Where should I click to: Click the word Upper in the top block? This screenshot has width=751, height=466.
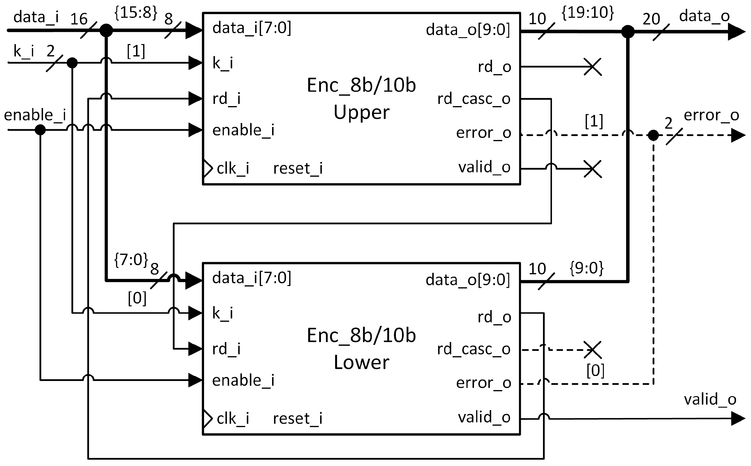pos(361,113)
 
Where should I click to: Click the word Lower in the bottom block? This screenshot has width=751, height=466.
pos(361,362)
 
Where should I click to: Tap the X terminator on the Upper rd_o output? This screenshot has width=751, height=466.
pos(592,67)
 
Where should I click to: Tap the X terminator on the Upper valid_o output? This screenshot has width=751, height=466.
pos(592,169)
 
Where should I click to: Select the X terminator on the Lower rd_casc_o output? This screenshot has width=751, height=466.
pos(592,350)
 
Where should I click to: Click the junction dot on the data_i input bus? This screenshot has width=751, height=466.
pos(106,31)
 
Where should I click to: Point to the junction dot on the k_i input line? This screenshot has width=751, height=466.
pos(72,63)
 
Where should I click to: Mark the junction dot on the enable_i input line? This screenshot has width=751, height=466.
pos(40,130)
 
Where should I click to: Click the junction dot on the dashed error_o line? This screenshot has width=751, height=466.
pos(653,135)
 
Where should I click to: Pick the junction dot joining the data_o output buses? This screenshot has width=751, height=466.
pos(628,31)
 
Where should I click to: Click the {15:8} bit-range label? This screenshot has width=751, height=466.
pos(136,13)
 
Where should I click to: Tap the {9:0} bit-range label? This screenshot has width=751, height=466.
pos(586,268)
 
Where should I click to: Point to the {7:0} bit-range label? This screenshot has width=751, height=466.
pos(131,260)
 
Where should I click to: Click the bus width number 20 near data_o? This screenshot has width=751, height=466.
pos(651,19)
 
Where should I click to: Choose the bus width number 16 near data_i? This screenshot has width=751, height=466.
pos(79,19)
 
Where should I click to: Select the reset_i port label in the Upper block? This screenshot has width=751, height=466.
pos(298,169)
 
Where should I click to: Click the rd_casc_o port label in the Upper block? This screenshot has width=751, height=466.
pos(474,99)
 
